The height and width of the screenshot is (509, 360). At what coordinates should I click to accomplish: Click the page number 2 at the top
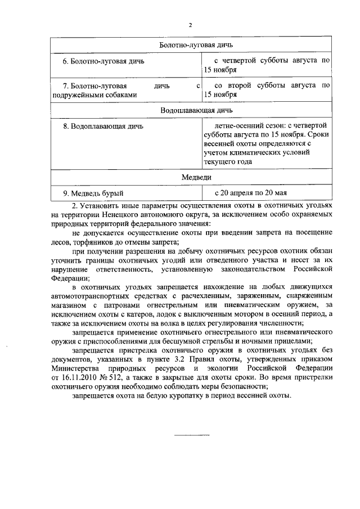191,25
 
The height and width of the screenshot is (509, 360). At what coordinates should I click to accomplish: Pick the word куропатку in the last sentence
176,395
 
